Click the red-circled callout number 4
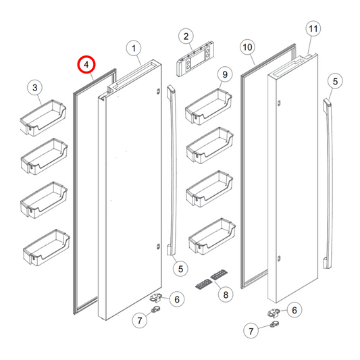pyautogui.click(x=86, y=65)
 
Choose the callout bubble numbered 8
pyautogui.click(x=224, y=294)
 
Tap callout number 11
pyautogui.click(x=312, y=29)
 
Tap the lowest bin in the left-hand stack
pyautogui.click(x=44, y=249)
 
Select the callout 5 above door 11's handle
pyautogui.click(x=334, y=82)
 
